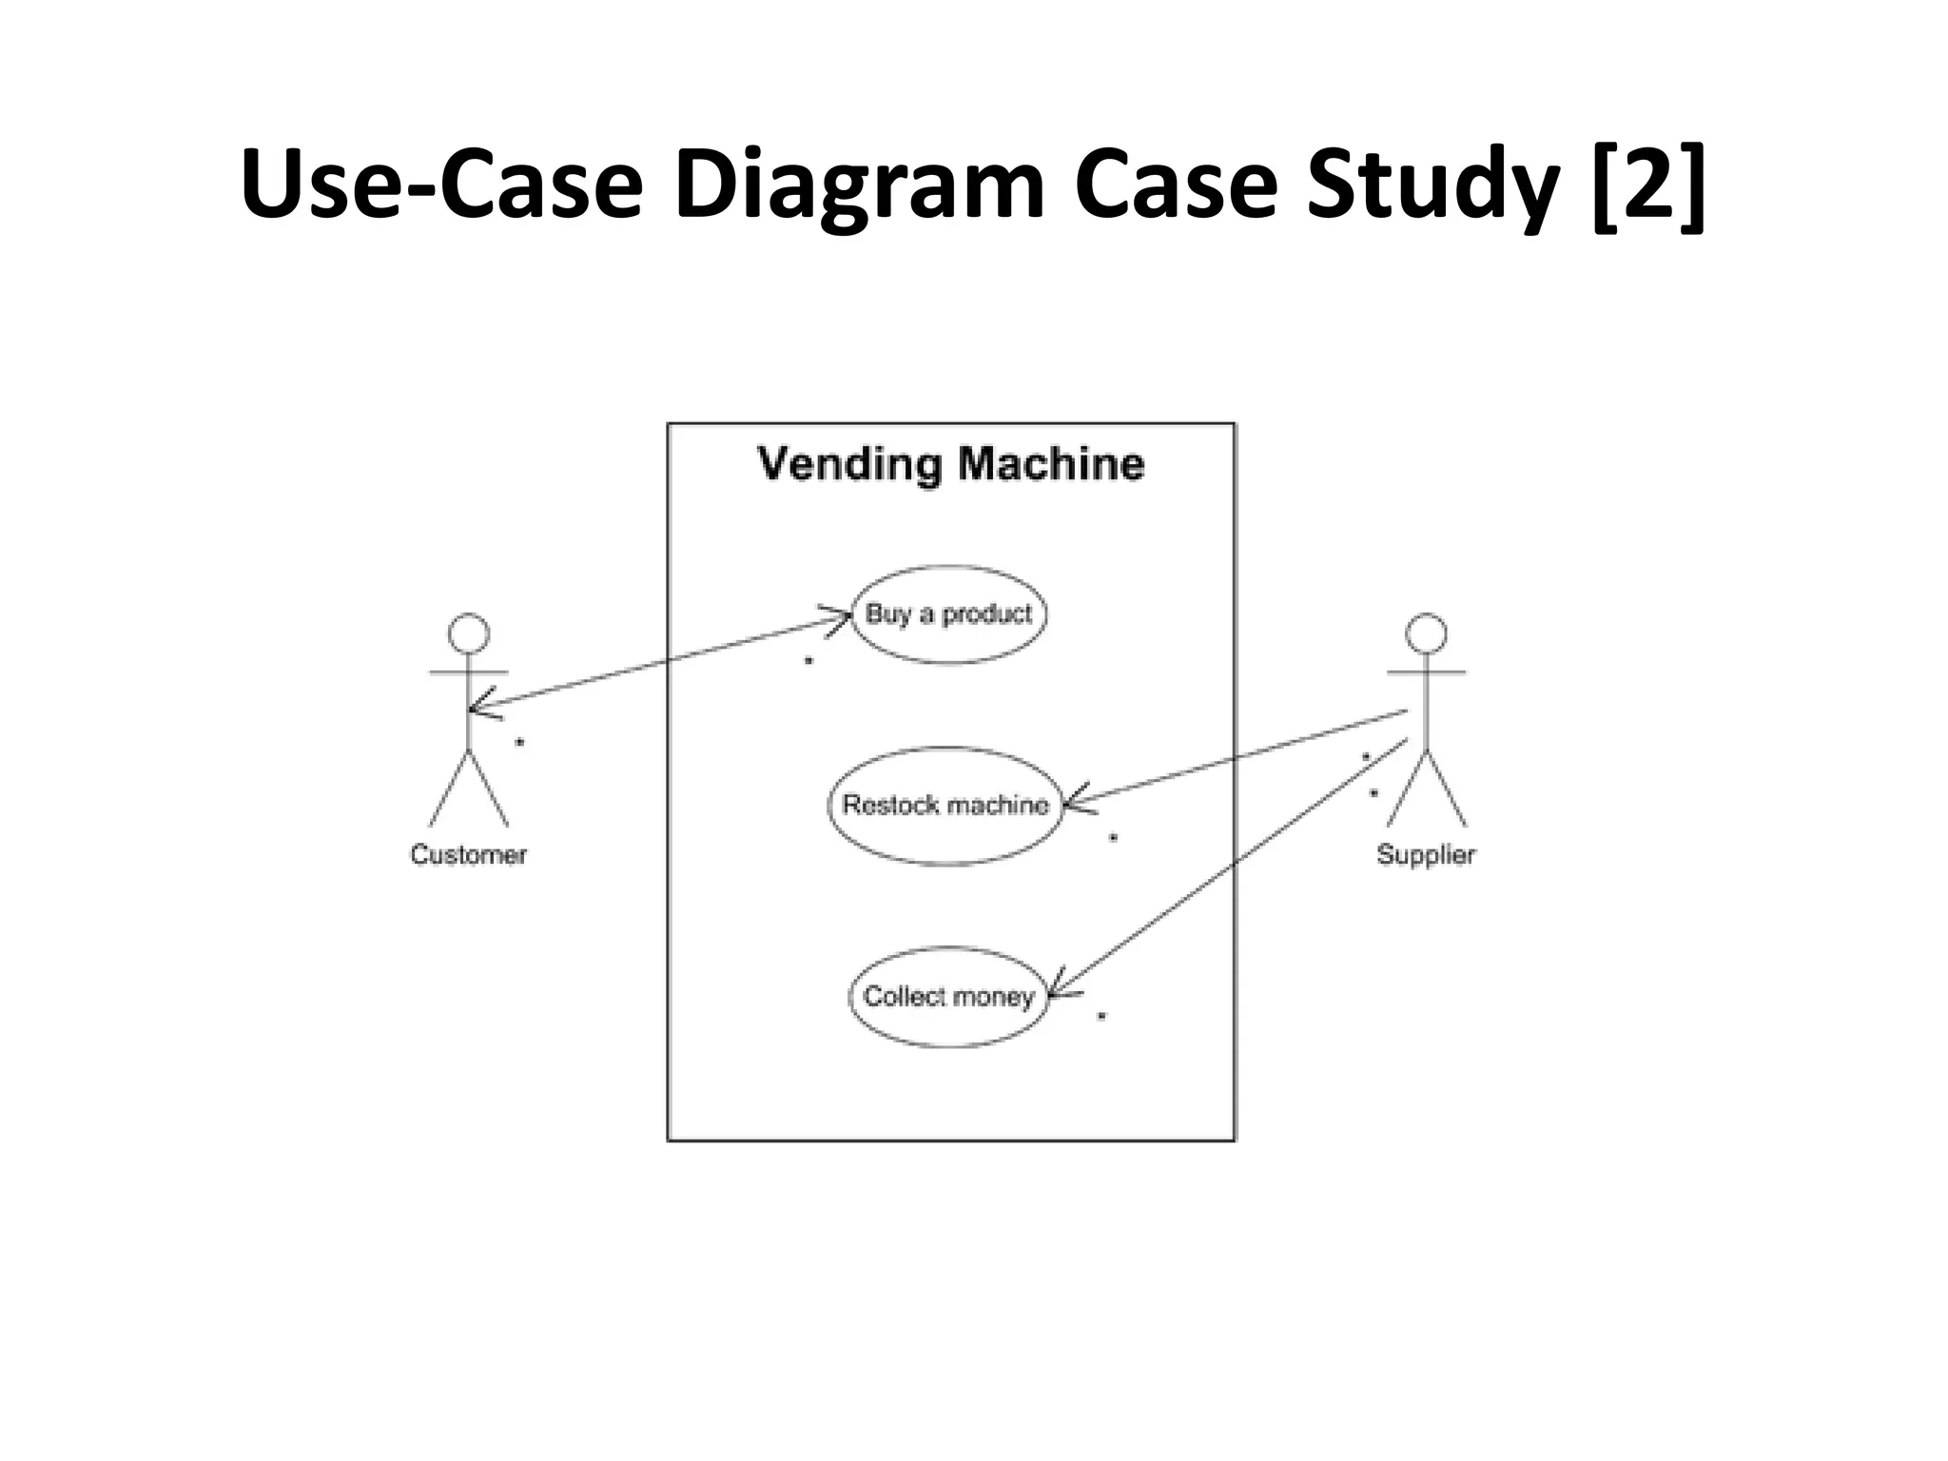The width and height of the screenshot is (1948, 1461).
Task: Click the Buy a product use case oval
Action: pyautogui.click(x=948, y=614)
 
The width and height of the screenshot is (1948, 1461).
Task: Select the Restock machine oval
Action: pyautogui.click(x=945, y=806)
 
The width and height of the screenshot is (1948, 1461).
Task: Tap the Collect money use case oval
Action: pyautogui.click(x=947, y=997)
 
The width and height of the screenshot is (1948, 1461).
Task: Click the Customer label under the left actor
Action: pyautogui.click(x=468, y=854)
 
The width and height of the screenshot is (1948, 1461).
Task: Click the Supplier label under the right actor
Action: pyautogui.click(x=1426, y=854)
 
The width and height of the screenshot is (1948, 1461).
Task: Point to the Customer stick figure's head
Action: pyautogui.click(x=469, y=633)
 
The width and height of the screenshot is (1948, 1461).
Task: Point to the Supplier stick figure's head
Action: pyautogui.click(x=1426, y=633)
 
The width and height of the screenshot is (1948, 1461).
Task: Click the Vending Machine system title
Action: pyautogui.click(x=950, y=464)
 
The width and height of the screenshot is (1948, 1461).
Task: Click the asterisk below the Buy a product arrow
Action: pyautogui.click(x=808, y=660)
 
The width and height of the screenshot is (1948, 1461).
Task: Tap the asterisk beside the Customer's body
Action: pyautogui.click(x=519, y=742)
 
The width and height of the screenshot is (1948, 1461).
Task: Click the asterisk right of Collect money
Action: pyautogui.click(x=1101, y=1016)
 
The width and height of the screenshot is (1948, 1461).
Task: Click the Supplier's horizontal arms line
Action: pyautogui.click(x=1426, y=672)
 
